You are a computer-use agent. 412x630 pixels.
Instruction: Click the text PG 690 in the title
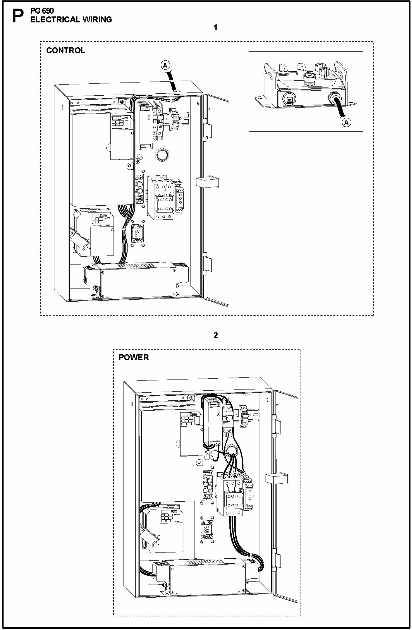[x=42, y=11]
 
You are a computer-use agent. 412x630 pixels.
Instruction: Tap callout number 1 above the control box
[x=216, y=27]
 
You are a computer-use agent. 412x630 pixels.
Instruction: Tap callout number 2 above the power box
[x=216, y=335]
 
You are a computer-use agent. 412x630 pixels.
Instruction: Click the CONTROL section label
[x=66, y=51]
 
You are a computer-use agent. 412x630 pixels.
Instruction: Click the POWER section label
[x=134, y=357]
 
